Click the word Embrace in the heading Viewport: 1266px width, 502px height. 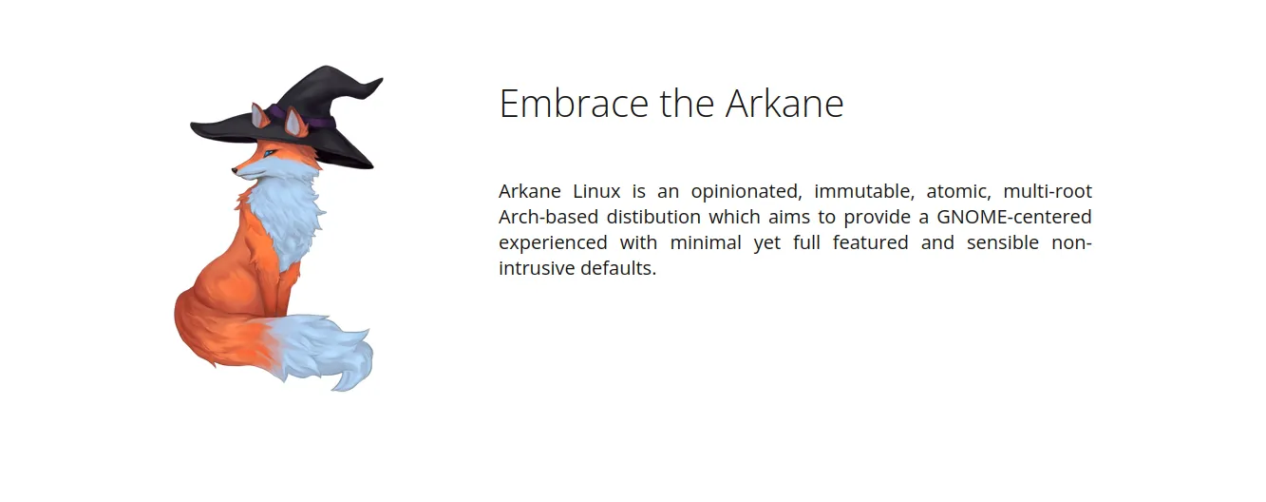[574, 103]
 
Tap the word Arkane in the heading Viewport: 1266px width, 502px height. [784, 103]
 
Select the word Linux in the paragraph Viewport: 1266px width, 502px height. [596, 191]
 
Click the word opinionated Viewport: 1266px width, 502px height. [746, 192]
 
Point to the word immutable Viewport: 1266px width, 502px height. [864, 192]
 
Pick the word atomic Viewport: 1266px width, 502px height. [958, 192]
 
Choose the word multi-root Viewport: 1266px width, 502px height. [1048, 191]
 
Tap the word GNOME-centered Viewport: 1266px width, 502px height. [1014, 217]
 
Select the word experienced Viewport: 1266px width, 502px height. [553, 243]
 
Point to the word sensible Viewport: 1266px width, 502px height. [1003, 242]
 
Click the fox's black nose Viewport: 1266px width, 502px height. [235, 170]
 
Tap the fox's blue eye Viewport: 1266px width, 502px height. [268, 153]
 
